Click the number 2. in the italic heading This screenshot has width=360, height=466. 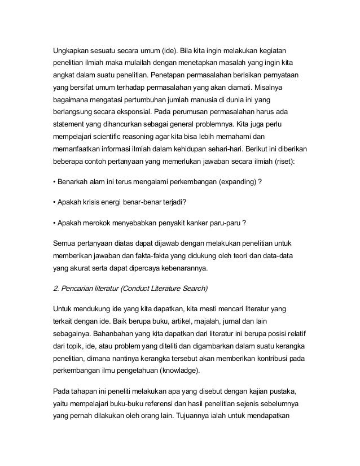click(x=56, y=288)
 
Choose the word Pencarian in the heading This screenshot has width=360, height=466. click(x=80, y=288)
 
